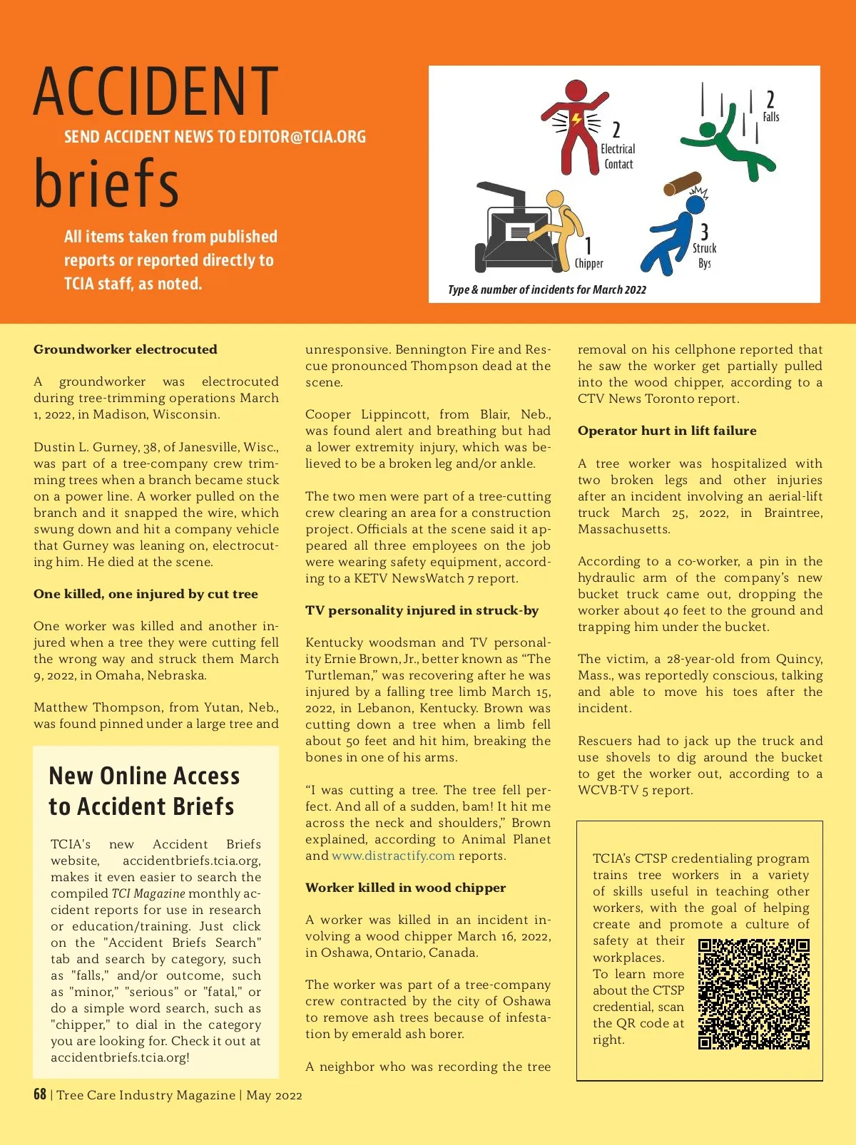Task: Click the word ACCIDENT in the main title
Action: point(156,91)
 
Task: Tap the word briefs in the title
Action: point(106,183)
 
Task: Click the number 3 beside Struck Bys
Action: point(704,231)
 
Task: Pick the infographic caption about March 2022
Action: point(547,289)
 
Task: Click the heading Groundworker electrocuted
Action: point(126,349)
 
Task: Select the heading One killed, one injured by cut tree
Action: point(146,594)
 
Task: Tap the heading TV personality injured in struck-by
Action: point(422,610)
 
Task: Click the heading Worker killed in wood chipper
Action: point(405,888)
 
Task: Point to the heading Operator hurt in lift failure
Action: point(667,431)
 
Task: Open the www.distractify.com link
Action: point(393,856)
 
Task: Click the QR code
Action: point(753,994)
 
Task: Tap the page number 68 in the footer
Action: point(40,1094)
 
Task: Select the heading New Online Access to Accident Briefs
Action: point(143,791)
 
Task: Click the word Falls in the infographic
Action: point(771,117)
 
